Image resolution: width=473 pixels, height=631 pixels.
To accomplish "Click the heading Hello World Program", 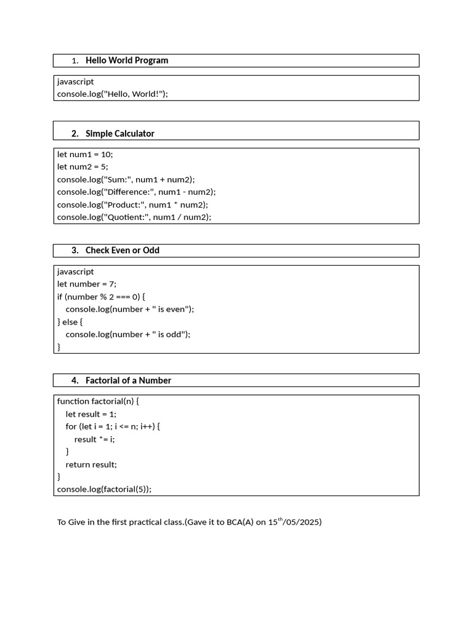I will (x=126, y=60).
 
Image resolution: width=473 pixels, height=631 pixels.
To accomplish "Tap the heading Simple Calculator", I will (x=119, y=134).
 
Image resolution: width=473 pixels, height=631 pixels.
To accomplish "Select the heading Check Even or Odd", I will (x=122, y=250).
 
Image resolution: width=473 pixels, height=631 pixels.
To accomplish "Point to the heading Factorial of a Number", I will (x=128, y=380).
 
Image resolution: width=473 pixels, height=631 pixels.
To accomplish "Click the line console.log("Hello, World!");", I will (x=112, y=94).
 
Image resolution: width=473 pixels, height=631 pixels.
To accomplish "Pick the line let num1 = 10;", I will (x=85, y=154).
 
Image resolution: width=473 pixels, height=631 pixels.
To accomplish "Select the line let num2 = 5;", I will (x=83, y=166).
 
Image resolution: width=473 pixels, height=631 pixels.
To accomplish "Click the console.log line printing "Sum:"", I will (x=126, y=179).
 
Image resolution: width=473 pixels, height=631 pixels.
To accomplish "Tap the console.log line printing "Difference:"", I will (x=136, y=192).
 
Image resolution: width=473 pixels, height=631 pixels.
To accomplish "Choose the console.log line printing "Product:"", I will (x=132, y=205).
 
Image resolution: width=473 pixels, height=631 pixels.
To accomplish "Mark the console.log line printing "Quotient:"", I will (x=134, y=217).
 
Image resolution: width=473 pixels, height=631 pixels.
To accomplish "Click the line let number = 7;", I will (x=86, y=284).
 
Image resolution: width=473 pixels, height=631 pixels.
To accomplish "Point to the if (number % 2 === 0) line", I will (x=101, y=296).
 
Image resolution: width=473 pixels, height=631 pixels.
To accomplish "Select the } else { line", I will (x=70, y=322).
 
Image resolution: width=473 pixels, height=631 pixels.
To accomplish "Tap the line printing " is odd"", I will (x=128, y=334).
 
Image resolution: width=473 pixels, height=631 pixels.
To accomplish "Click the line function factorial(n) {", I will (x=98, y=401).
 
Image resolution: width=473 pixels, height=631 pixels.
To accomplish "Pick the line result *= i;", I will (x=95, y=439).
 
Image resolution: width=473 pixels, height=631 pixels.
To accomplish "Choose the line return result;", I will (x=91, y=465).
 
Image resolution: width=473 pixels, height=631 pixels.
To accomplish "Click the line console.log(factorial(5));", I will (x=104, y=489).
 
